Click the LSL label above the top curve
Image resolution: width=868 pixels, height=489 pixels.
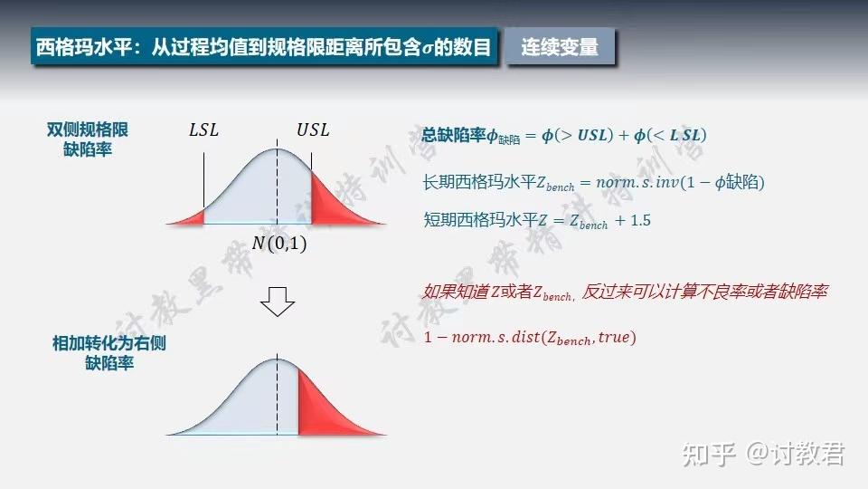203,130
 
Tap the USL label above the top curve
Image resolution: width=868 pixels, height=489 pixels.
313,129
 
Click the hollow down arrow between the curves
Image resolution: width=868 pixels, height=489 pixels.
278,302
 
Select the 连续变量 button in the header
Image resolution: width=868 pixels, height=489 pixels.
560,47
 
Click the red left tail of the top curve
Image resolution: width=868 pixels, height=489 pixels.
189,217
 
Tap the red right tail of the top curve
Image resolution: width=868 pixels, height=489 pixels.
331,201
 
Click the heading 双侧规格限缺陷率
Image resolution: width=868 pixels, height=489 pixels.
88,139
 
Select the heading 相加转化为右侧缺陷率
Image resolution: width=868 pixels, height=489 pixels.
109,353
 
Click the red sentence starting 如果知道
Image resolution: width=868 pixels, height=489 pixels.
625,292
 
